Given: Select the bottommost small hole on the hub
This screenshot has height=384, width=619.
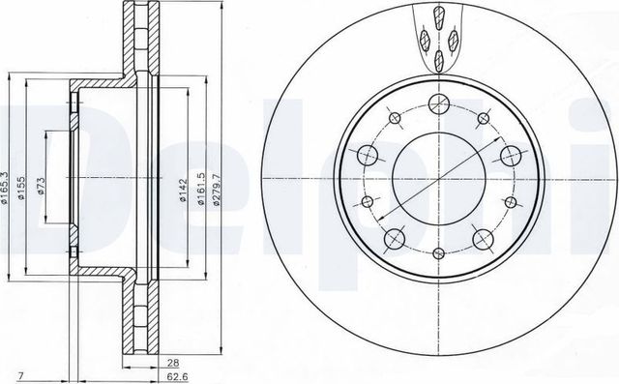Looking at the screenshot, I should pyautogui.click(x=436, y=253).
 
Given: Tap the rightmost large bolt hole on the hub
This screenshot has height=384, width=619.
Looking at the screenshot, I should pyautogui.click(x=507, y=156).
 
